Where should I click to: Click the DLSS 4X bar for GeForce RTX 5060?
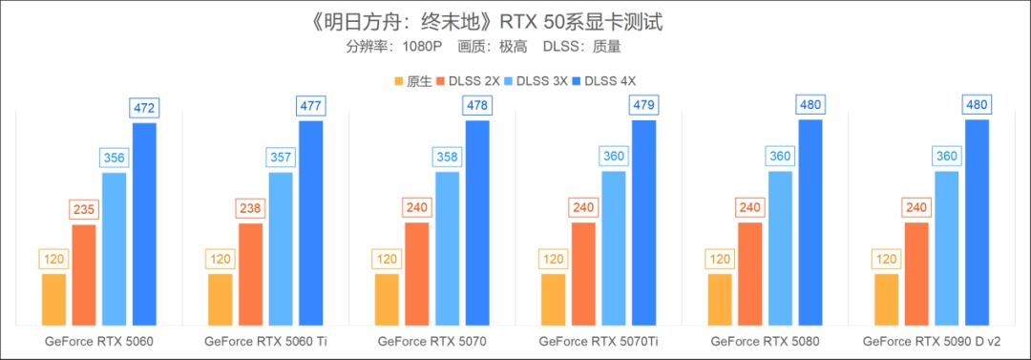click(x=144, y=223)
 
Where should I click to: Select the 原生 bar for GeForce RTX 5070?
click(x=387, y=299)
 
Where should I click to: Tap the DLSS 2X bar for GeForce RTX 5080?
click(x=750, y=273)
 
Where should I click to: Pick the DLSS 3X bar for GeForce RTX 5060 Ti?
click(x=281, y=248)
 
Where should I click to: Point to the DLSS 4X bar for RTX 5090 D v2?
click(x=977, y=222)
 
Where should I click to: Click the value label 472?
click(x=144, y=108)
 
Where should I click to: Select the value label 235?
click(x=84, y=209)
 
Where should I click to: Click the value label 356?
click(x=115, y=158)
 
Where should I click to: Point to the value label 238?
click(x=251, y=208)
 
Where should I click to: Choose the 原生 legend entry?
click(x=412, y=81)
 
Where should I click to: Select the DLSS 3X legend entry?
click(x=540, y=81)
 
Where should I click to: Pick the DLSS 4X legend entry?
click(x=612, y=81)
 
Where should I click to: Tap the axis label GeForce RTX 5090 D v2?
click(x=932, y=341)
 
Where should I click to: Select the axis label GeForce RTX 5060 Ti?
click(x=265, y=341)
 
